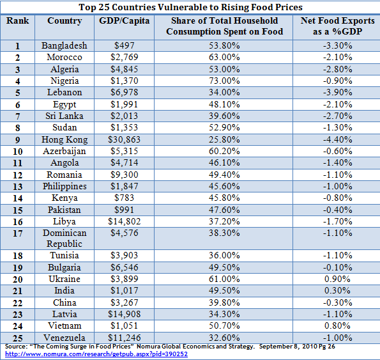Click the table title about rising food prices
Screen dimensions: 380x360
pos(190,7)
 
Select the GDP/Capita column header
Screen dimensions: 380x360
pos(124,21)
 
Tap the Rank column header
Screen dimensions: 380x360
pos(17,20)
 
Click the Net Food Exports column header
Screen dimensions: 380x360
pos(337,26)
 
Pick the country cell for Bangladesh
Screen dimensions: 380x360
pos(65,45)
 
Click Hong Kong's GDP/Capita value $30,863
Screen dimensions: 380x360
pos(124,139)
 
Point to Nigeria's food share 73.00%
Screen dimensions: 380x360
pos(224,81)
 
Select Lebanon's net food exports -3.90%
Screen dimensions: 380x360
pos(337,93)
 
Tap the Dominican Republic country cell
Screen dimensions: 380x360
pos(65,239)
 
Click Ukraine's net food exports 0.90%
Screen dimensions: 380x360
pos(337,279)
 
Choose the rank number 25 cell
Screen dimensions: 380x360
pos(18,338)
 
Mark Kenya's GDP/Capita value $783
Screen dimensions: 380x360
pos(124,198)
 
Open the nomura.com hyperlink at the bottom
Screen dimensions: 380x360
pos(96,354)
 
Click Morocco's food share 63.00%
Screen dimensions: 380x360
pos(224,58)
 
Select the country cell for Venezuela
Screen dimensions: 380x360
pos(65,338)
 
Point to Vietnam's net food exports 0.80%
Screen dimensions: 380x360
pos(337,325)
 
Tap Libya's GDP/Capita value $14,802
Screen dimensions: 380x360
pos(124,221)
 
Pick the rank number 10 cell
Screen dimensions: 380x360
pos(18,152)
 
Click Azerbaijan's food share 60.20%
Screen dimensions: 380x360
pos(224,151)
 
